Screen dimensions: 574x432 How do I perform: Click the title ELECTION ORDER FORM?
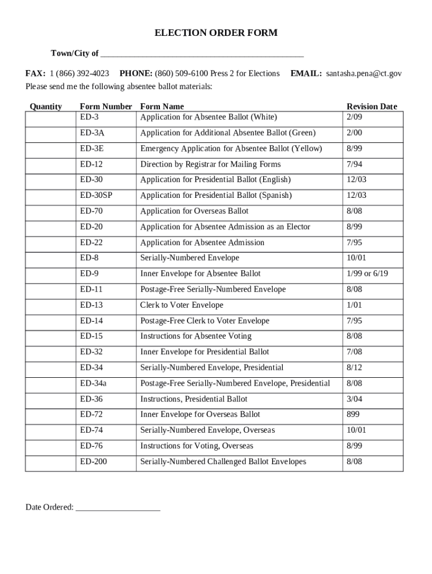click(216, 33)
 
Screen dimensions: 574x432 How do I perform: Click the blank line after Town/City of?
click(202, 54)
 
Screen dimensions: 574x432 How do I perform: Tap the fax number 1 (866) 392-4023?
click(79, 73)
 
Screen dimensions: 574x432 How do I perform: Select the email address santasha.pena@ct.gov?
click(364, 73)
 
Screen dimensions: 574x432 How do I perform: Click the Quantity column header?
click(45, 107)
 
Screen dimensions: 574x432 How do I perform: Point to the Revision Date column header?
click(371, 107)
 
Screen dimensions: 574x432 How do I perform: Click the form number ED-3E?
click(92, 149)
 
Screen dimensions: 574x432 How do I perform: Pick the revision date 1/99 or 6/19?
click(367, 274)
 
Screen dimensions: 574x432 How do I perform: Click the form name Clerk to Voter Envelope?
click(181, 305)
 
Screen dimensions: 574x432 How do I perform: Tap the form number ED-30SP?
click(96, 196)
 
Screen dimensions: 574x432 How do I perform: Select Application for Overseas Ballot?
click(194, 211)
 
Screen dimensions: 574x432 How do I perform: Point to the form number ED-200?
click(94, 461)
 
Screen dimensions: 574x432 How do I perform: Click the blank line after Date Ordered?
click(118, 507)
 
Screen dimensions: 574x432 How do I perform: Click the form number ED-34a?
click(93, 383)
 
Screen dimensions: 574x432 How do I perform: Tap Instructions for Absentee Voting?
click(195, 336)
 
